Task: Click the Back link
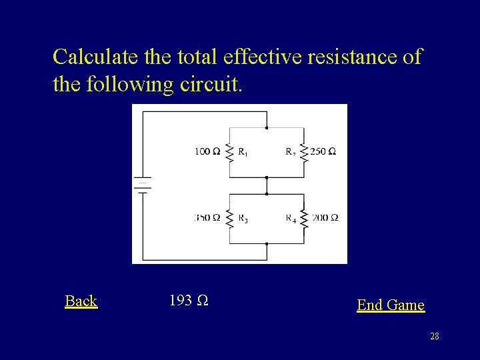pos(81,301)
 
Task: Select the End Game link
pos(390,305)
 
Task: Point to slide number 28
pos(434,337)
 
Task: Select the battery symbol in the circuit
pos(143,184)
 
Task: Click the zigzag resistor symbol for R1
pos(229,152)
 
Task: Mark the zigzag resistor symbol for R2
pos(304,152)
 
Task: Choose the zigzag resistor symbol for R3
pos(229,218)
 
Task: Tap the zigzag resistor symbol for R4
pos(304,218)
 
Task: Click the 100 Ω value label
pos(207,152)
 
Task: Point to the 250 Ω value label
pos(323,152)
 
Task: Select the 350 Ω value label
pos(207,218)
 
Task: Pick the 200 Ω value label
pos(325,218)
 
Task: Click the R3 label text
pos(243,219)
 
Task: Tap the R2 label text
pos(291,152)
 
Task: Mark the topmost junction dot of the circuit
pos(267,127)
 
